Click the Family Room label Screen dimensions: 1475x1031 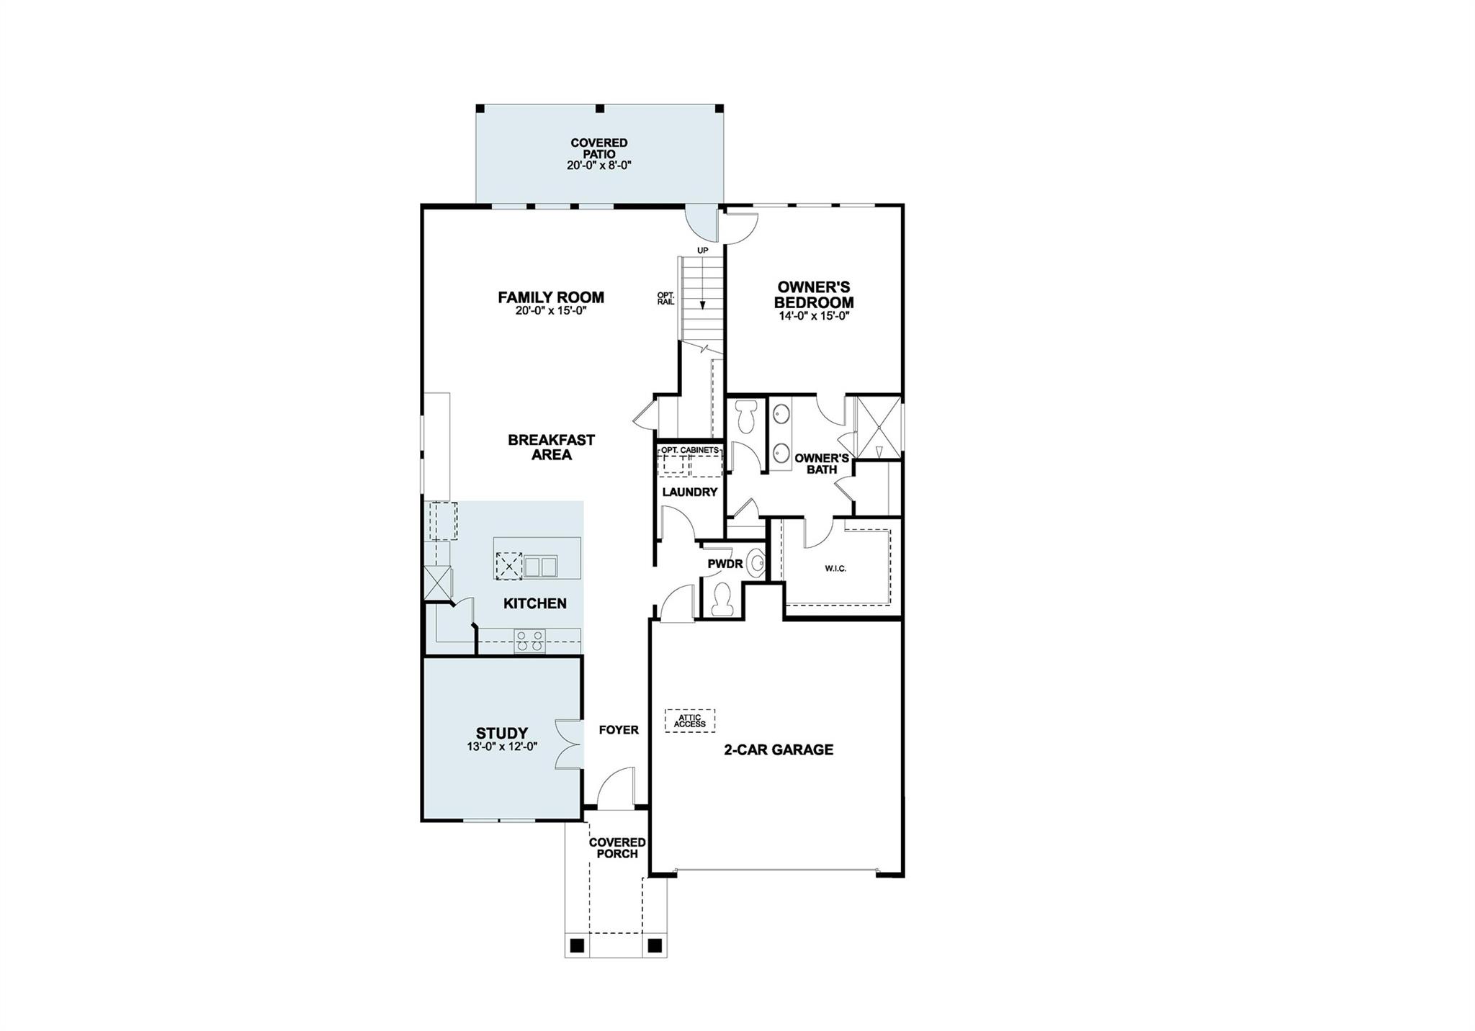551,297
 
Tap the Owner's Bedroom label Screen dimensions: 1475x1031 814,294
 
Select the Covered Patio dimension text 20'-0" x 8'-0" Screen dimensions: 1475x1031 599,166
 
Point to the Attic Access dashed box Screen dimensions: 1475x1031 690,720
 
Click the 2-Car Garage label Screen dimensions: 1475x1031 779,749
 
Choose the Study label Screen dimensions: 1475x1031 501,734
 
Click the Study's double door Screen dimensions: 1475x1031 569,746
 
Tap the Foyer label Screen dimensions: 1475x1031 619,730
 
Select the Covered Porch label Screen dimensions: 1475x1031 617,848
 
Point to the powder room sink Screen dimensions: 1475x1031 755,563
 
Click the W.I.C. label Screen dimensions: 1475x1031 835,569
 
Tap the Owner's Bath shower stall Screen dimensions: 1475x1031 878,426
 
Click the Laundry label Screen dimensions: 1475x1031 690,492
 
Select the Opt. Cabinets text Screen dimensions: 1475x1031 690,450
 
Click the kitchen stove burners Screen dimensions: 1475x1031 529,641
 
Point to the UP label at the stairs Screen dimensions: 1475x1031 702,250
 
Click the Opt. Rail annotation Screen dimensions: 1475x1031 665,298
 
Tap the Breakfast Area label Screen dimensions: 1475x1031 552,447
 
